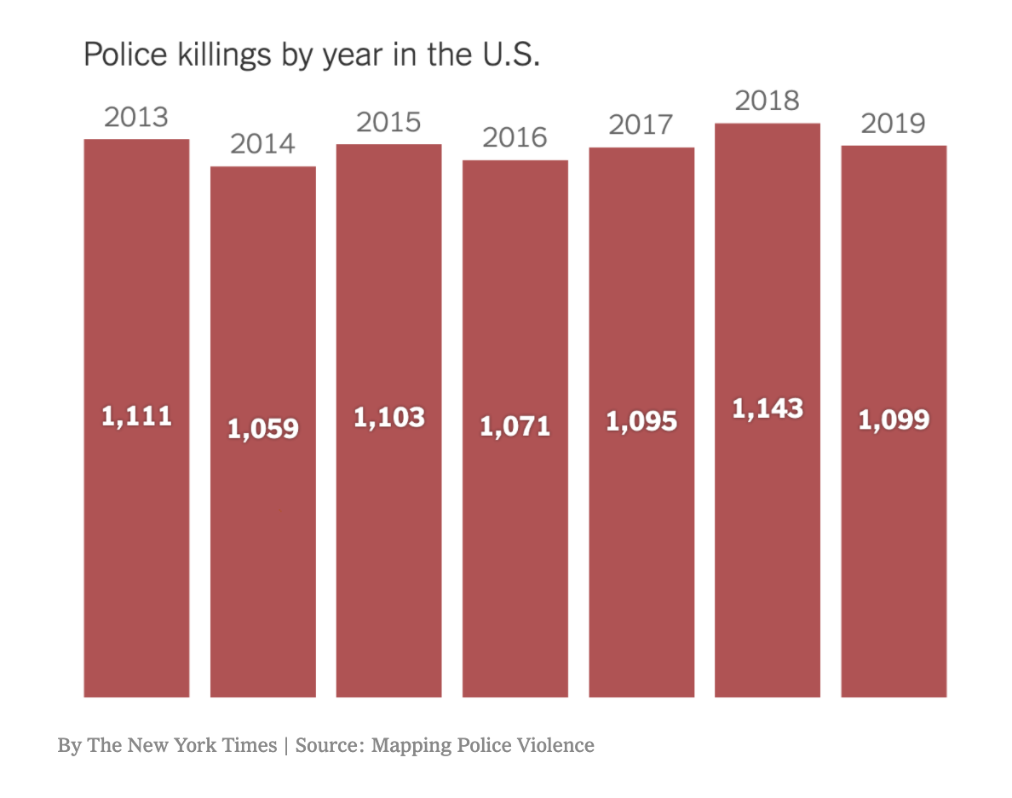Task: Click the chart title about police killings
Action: (x=312, y=55)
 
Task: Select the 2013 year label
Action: (x=136, y=117)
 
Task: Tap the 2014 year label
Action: (x=262, y=144)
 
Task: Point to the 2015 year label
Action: (x=388, y=122)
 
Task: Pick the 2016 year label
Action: (x=515, y=137)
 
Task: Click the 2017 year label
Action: (x=641, y=125)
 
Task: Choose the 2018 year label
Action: (x=767, y=101)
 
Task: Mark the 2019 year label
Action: (x=893, y=124)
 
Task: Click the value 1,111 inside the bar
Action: (x=136, y=416)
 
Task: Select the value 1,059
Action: (x=262, y=428)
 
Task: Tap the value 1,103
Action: (x=388, y=418)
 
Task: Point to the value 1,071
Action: (x=515, y=425)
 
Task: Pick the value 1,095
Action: (x=641, y=420)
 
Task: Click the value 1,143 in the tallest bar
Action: (x=767, y=408)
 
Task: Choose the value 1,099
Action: (x=893, y=419)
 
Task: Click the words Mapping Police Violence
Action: (x=483, y=745)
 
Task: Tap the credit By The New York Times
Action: (x=167, y=745)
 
